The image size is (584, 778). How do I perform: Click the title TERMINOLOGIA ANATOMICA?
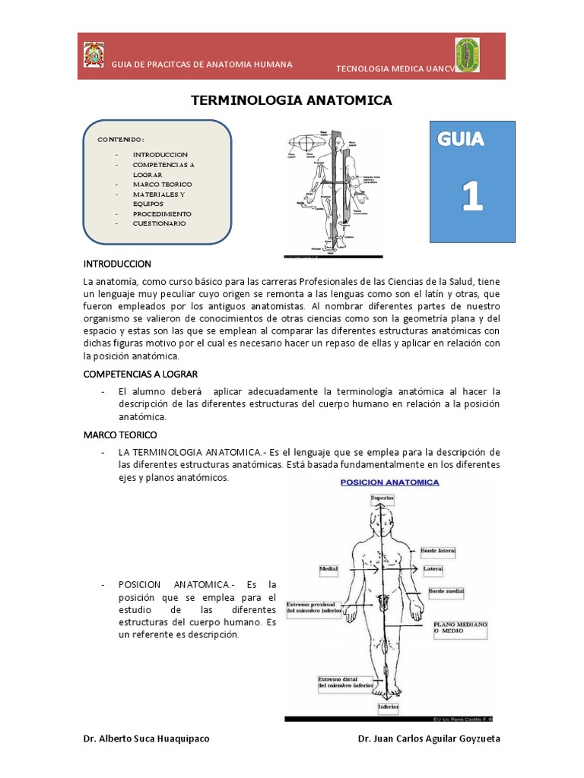click(290, 100)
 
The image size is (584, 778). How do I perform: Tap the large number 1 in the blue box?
click(472, 196)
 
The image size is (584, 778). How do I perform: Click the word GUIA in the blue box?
click(461, 140)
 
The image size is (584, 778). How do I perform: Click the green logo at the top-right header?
click(468, 55)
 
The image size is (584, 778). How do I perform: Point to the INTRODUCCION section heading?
click(117, 264)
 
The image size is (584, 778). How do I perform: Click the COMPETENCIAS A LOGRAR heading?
click(141, 375)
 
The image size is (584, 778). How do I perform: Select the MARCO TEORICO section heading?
click(119, 435)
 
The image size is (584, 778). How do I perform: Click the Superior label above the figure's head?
click(382, 498)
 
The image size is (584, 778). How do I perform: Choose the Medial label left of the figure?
click(328, 568)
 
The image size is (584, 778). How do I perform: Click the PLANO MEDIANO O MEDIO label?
click(460, 628)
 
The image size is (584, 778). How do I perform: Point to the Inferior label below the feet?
click(388, 707)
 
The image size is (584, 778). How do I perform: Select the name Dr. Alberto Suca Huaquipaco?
click(146, 739)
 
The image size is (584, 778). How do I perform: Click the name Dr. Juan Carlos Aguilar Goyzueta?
click(429, 739)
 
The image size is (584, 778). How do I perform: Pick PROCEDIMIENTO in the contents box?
click(162, 213)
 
